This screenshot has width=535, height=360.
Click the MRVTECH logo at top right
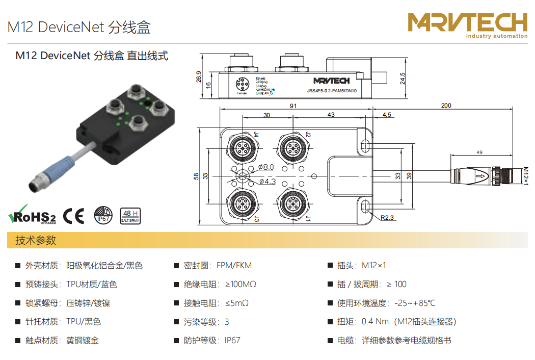(467, 24)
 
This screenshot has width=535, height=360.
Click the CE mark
(73, 216)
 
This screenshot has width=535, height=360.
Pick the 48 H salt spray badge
(129, 216)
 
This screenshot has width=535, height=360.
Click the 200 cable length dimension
(446, 106)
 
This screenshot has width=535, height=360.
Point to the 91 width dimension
(293, 106)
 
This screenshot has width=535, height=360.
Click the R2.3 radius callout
(388, 218)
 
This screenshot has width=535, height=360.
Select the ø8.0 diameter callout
(265, 167)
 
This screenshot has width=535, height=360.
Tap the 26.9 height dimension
(199, 76)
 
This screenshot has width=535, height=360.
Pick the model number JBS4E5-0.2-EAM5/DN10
(332, 91)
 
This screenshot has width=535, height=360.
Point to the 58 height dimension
(196, 176)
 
